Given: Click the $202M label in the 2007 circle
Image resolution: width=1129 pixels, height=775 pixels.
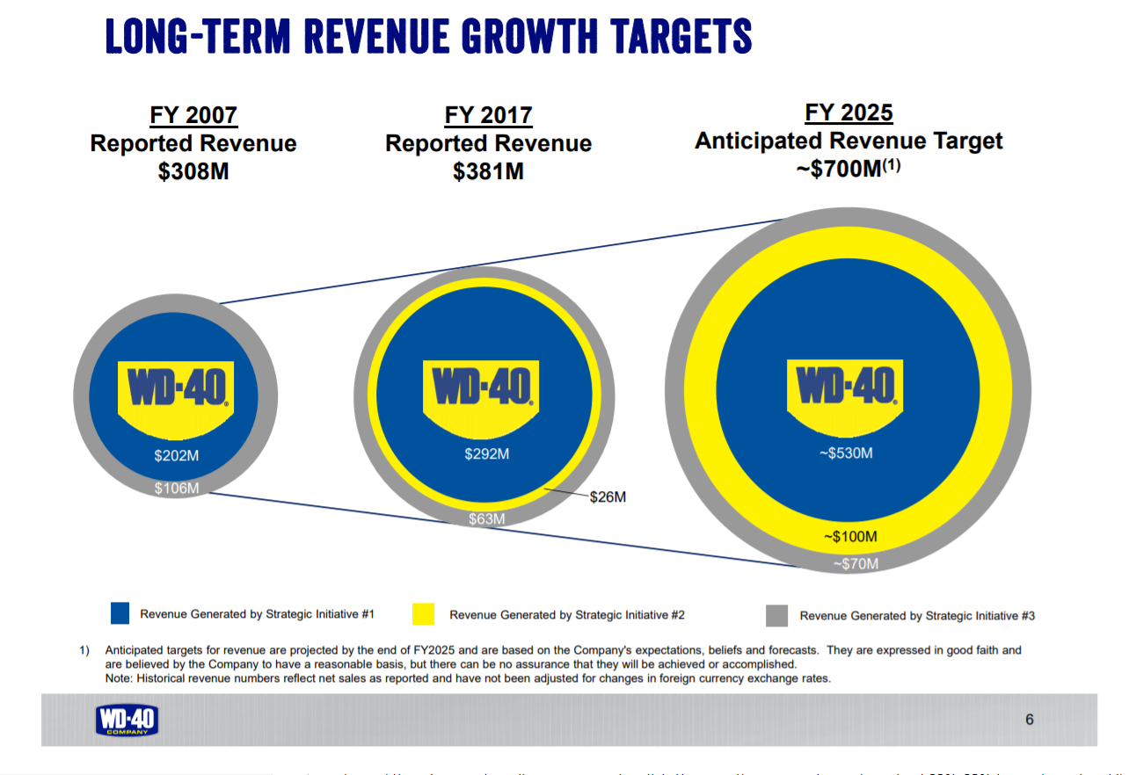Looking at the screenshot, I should tap(177, 455).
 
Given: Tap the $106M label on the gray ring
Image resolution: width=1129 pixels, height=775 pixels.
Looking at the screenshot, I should tap(177, 488).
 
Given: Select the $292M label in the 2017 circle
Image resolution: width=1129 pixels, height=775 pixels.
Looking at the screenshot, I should tap(487, 454).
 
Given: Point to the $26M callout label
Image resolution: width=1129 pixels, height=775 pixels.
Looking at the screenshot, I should tap(607, 497).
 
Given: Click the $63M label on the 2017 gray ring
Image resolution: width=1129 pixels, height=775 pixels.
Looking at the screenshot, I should tap(486, 519).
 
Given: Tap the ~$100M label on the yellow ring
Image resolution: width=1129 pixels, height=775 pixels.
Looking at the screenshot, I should tap(850, 536).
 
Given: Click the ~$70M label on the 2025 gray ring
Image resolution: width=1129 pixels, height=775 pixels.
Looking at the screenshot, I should tap(855, 564).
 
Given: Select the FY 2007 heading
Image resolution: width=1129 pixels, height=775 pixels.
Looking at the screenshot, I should tap(193, 116).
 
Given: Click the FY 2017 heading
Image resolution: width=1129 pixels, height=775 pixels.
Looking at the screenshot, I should tap(488, 116).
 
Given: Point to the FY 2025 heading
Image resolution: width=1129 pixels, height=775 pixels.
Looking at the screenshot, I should tap(849, 113).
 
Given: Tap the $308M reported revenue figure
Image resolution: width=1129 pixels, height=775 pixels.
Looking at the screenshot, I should tap(193, 171).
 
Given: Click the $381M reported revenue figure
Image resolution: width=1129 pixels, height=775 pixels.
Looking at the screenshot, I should tap(488, 171).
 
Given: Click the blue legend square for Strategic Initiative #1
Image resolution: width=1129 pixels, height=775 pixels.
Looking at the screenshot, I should tap(120, 613).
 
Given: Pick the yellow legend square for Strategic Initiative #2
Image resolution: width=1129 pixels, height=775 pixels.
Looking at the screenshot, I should tap(423, 614).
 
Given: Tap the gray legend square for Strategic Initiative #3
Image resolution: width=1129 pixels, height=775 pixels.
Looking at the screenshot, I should tap(776, 615).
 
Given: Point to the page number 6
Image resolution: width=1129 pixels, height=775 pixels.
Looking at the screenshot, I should tap(1030, 720).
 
